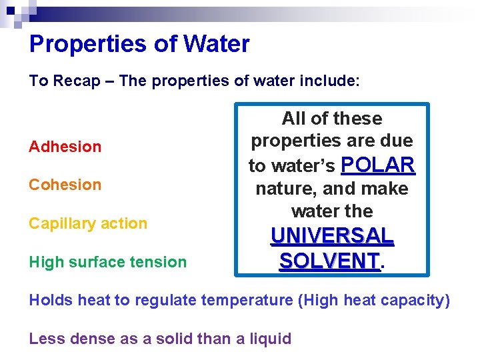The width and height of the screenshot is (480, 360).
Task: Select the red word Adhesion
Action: coord(65,147)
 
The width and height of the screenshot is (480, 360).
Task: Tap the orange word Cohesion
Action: coord(65,185)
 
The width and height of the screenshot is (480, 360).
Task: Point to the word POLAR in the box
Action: coord(378,165)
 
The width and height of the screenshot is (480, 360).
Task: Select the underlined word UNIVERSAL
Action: coord(332,236)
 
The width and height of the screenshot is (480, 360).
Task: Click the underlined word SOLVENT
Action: coord(329,260)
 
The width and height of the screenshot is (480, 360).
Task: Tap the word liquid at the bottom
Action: coord(269,339)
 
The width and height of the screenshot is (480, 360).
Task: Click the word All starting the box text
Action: coord(294,119)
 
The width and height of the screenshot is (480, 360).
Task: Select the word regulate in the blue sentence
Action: coord(166,300)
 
